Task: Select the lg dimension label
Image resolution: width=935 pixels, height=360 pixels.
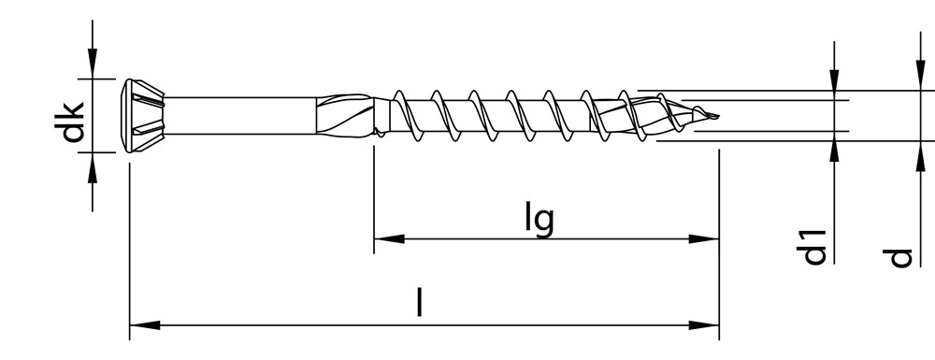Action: pyautogui.click(x=539, y=219)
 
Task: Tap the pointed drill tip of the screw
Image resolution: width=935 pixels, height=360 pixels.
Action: pyautogui.click(x=712, y=117)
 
